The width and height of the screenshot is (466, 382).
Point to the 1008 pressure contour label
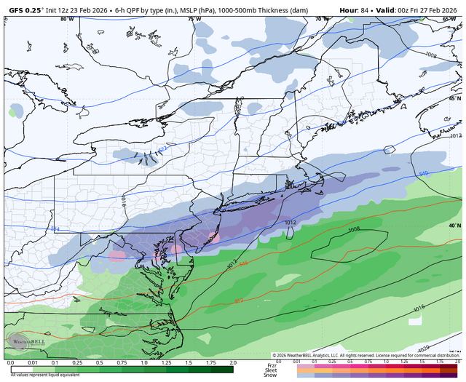354,230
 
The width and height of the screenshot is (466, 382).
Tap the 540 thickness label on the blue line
424,174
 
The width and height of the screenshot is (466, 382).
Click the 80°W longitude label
68,20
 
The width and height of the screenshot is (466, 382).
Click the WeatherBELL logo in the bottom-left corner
22,341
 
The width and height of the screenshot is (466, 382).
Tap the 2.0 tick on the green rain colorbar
232,362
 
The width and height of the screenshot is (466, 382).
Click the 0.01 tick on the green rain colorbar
30,362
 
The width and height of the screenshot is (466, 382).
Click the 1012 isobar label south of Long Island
290,223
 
